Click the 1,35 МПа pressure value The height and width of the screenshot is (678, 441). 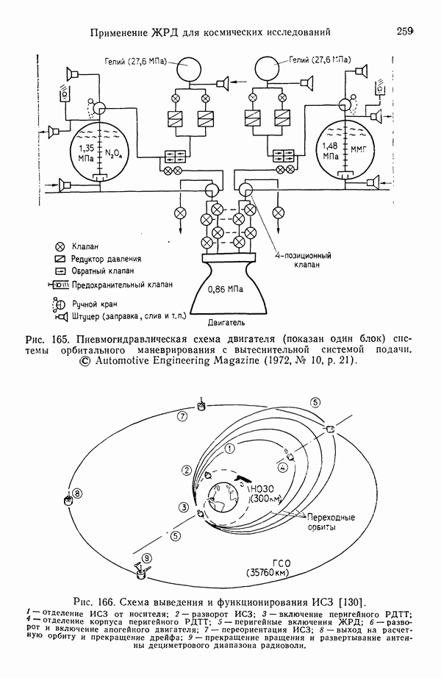82,152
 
